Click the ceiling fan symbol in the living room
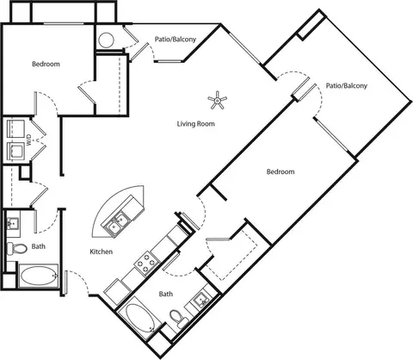point(218,100)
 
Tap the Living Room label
point(195,124)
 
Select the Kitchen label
point(102,251)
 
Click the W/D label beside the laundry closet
point(29,140)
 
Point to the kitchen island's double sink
point(117,224)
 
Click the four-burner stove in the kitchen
point(147,263)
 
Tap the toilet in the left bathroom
point(16,248)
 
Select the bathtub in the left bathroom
point(39,276)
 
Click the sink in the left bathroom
point(13,223)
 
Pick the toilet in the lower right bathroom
point(178,319)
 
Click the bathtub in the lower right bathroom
point(140,318)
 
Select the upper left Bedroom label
point(46,64)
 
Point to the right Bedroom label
point(280,171)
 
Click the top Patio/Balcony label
point(176,39)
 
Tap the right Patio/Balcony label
point(347,85)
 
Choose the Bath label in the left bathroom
point(39,246)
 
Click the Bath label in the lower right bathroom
point(166,294)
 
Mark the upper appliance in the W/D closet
point(15,128)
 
